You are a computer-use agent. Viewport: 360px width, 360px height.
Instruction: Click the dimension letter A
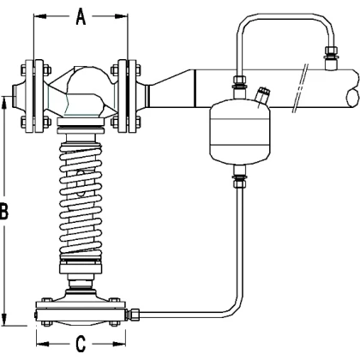(x=81, y=17)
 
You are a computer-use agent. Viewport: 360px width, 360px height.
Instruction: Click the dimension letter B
(x=3, y=212)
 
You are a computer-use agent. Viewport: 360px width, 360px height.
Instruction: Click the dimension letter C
(x=81, y=344)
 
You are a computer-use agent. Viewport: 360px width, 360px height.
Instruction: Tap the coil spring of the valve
(x=81, y=200)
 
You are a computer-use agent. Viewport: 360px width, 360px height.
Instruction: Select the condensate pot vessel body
(x=240, y=131)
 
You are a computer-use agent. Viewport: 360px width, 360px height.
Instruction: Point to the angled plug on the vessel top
(x=263, y=96)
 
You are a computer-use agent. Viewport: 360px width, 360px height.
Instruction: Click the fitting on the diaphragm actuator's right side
(x=133, y=314)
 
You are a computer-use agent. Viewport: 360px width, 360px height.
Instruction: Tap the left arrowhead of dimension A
(x=40, y=16)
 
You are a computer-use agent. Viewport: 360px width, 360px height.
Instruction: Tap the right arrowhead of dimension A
(x=121, y=16)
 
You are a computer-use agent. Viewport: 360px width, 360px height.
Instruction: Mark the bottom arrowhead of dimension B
(x=4, y=319)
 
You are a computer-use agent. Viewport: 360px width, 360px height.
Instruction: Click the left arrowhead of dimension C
(x=43, y=344)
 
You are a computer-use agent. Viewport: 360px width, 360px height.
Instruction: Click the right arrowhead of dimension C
(x=119, y=344)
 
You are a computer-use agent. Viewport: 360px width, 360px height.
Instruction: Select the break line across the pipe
(x=301, y=88)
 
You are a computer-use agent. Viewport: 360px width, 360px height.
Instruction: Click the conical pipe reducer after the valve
(x=172, y=88)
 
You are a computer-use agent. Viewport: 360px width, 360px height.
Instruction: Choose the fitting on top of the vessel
(x=240, y=87)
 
